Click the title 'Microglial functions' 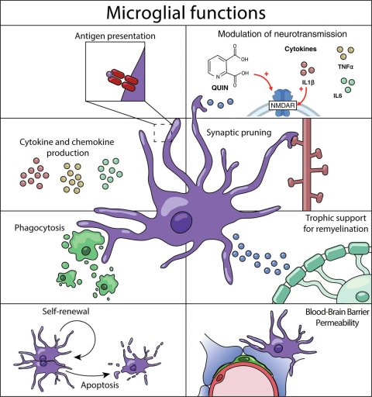[x=186, y=12]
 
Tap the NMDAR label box [x=283, y=105]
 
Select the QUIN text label [x=220, y=88]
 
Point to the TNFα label [x=346, y=67]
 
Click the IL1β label [x=308, y=82]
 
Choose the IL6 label [x=338, y=96]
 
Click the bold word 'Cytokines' [x=301, y=49]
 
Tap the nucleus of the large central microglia [x=181, y=222]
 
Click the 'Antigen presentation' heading [x=115, y=36]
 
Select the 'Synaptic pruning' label [x=239, y=133]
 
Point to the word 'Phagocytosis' [x=40, y=228]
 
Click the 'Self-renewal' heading [x=66, y=311]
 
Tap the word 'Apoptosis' [x=100, y=385]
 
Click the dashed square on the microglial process [x=163, y=133]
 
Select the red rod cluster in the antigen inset [x=122, y=80]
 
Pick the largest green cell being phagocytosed [x=86, y=246]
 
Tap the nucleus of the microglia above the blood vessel [x=278, y=348]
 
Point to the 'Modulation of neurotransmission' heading [x=282, y=34]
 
